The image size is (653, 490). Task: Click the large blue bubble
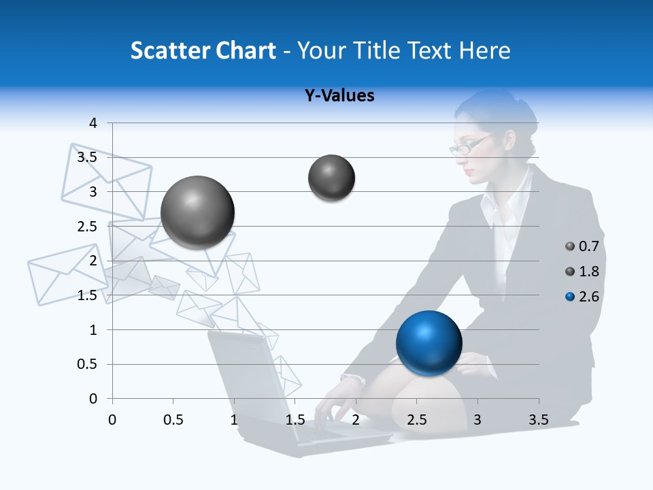[429, 343]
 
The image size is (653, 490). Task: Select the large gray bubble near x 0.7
[197, 212]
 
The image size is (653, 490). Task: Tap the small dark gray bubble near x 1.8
[331, 178]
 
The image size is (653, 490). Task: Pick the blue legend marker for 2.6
[570, 297]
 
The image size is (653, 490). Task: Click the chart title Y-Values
[339, 96]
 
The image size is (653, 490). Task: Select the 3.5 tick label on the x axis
[538, 420]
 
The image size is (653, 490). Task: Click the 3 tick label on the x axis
[478, 420]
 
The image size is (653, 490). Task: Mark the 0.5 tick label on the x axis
[173, 420]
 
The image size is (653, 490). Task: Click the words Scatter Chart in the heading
[203, 50]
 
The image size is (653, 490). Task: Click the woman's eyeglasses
[469, 146]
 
